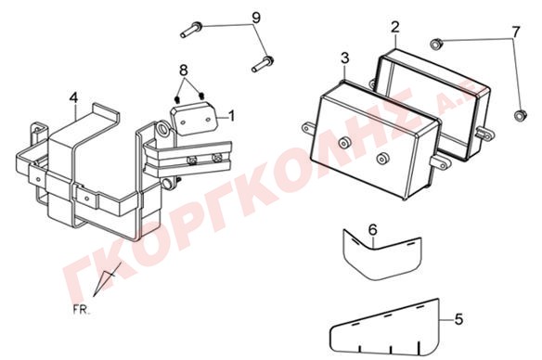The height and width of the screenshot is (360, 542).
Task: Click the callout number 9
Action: (256, 18)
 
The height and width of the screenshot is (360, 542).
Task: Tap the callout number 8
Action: (184, 71)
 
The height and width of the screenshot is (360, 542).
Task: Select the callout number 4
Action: (73, 98)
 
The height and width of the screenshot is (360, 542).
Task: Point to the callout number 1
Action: (232, 116)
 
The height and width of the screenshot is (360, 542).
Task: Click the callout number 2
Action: (395, 27)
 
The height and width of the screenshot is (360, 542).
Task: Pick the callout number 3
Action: (345, 58)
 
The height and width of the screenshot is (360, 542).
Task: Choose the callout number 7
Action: (515, 32)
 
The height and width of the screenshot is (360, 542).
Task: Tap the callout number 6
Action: (373, 229)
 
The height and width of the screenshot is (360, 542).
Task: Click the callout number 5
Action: (458, 319)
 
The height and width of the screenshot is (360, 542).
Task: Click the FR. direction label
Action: (82, 310)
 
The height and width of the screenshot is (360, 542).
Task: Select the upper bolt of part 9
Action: (191, 30)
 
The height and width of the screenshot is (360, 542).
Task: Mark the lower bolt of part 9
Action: (263, 64)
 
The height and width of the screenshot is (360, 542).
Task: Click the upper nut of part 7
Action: (436, 44)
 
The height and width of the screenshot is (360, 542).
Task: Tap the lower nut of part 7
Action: (520, 115)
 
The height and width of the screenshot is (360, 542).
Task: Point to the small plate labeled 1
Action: (193, 118)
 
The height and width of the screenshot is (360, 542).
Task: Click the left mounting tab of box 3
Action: (308, 128)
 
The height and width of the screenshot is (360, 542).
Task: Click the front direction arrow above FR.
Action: (107, 279)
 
